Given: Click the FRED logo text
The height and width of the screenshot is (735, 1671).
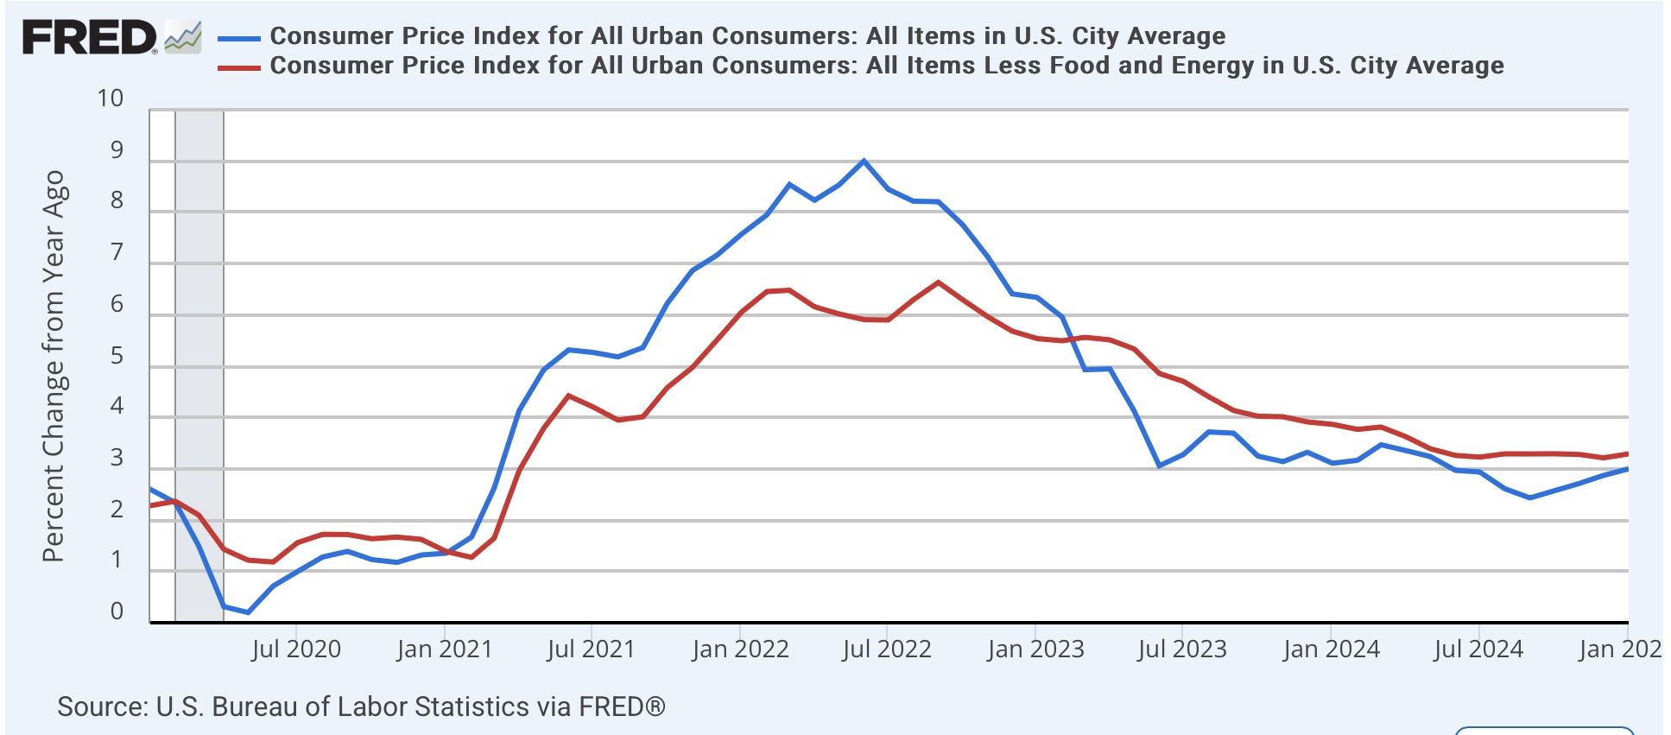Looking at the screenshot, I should [x=88, y=38].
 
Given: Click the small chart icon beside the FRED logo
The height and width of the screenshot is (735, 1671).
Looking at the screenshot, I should [x=183, y=38].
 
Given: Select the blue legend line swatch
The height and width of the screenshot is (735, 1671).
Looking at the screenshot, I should [x=238, y=38].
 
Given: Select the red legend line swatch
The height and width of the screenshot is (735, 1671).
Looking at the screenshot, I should [x=238, y=67].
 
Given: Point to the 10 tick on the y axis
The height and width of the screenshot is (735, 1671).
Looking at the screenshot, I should [x=111, y=98].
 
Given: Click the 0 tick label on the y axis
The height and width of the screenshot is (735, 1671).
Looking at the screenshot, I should [x=117, y=611].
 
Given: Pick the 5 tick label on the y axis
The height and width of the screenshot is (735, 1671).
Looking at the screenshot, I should [x=117, y=356].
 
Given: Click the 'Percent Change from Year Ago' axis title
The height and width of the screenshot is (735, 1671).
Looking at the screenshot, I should [x=54, y=366].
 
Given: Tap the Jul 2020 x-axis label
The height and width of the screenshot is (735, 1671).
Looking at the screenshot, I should [x=296, y=649].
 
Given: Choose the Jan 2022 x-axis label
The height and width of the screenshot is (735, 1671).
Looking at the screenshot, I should [x=740, y=649].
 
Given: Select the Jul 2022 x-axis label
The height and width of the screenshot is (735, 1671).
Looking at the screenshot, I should [x=887, y=649].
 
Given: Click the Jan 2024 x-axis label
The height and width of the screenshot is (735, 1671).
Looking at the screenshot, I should [x=1331, y=649].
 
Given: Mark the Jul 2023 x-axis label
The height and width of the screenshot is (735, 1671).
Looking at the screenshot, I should [x=1182, y=649].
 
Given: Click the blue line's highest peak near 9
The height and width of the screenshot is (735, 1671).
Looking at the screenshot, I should [x=864, y=161].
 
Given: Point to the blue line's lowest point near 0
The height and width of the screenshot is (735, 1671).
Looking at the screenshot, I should [x=248, y=612].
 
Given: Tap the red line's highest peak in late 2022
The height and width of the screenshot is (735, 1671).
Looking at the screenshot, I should [x=938, y=282].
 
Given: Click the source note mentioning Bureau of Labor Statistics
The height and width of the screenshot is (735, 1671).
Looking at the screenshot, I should [x=361, y=706].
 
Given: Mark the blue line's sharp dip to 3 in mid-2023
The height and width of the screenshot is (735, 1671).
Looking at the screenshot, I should [x=1159, y=466].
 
